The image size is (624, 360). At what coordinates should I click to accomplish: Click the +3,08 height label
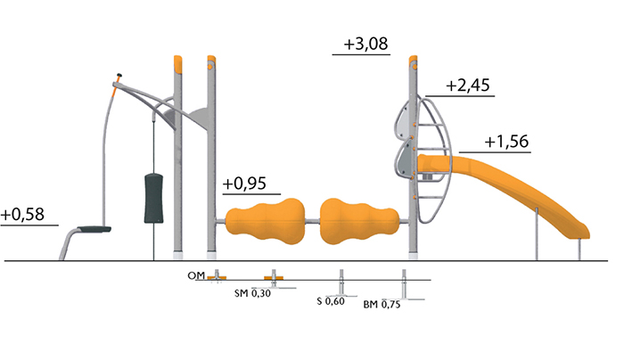[365, 44]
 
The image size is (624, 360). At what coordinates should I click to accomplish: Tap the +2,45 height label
[468, 86]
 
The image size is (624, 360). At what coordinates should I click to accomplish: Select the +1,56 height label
[506, 142]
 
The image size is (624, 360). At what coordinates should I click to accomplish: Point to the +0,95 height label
[244, 184]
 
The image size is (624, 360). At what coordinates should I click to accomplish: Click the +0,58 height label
[22, 215]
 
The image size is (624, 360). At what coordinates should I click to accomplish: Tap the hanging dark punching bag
[153, 198]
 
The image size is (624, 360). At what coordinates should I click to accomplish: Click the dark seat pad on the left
[94, 229]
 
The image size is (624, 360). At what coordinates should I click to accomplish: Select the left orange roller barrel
[265, 221]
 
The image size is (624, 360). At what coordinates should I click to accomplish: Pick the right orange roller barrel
[359, 221]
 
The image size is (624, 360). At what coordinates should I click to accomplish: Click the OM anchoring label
[196, 275]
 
